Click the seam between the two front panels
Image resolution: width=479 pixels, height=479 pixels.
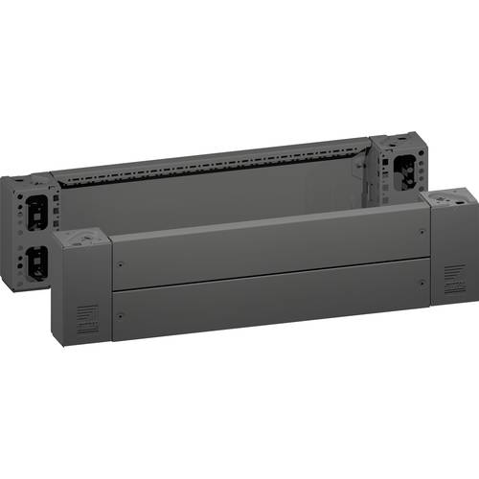(268, 276)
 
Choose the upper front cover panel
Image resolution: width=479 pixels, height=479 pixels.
(268, 249)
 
